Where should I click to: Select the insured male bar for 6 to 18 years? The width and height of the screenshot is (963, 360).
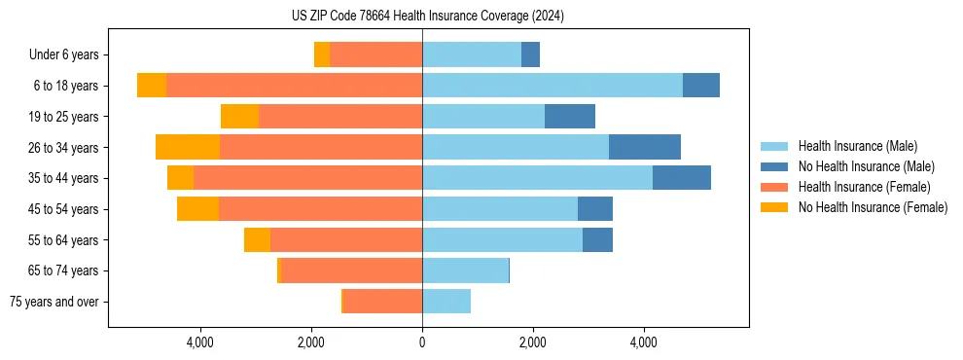[552, 86]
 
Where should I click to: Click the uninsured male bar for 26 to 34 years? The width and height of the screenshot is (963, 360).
[644, 147]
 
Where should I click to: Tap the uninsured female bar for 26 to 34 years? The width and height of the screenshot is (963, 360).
[188, 147]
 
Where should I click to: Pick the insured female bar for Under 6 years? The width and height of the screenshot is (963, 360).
[375, 54]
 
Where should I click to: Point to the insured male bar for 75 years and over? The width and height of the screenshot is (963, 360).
[446, 302]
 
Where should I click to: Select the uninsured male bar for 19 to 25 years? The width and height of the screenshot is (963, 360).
[570, 117]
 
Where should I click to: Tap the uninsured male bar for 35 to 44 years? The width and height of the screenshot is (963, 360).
[681, 178]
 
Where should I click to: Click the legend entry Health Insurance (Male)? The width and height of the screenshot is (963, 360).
[857, 146]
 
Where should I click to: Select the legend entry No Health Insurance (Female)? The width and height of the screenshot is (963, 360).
[873, 207]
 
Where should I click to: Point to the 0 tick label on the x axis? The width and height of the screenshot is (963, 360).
[422, 343]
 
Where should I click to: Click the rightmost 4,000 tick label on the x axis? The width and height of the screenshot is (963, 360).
[644, 343]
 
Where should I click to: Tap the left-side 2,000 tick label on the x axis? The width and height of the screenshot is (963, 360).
[311, 343]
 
